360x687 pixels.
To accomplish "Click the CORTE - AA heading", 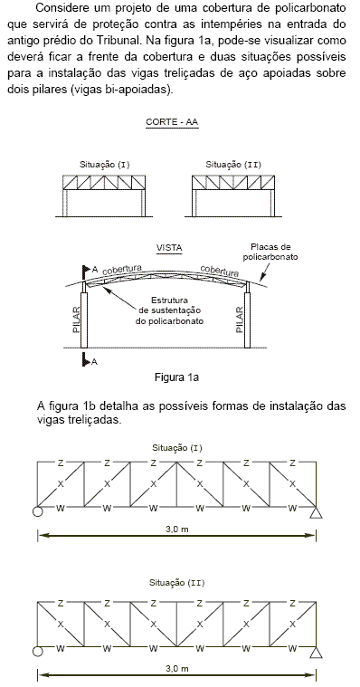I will pos(172,120).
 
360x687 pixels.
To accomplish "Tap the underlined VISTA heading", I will pos(169,247).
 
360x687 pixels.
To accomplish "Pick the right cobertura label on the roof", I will pos(219,270).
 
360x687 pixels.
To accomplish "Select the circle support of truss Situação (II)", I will pos(37,652).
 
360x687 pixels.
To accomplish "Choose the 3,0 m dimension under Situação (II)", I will pos(177,668).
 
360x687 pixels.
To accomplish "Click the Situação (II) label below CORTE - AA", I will pos(233,164).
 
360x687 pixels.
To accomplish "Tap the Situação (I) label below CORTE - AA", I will pos(103,164).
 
